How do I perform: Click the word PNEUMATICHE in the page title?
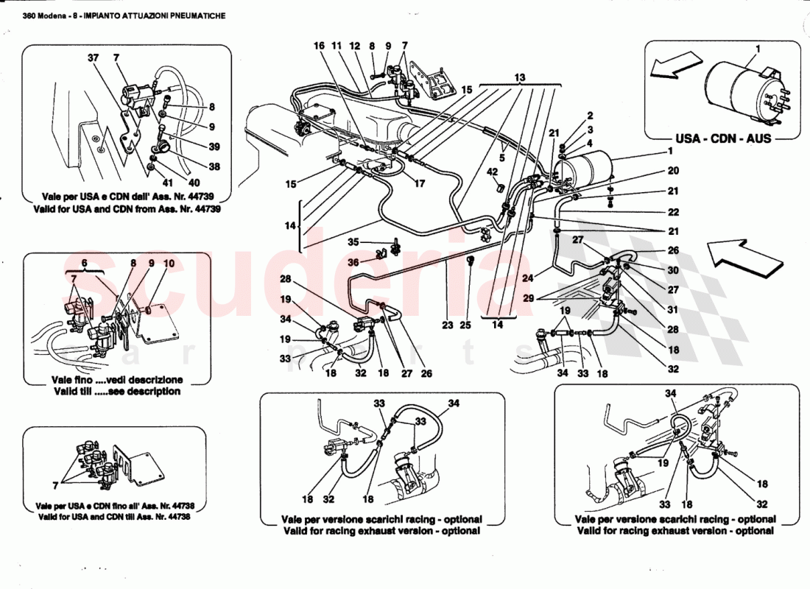(x=199, y=15)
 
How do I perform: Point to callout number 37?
(x=93, y=58)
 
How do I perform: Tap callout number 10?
(x=169, y=263)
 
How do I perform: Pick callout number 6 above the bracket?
(x=85, y=263)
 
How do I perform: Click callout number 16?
(x=319, y=46)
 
